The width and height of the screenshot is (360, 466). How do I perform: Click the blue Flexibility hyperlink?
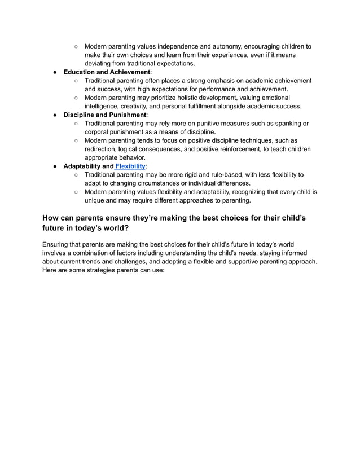point(130,166)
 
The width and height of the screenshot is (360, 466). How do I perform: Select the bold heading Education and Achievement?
point(107,72)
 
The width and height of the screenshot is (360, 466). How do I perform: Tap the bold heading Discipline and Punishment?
point(104,115)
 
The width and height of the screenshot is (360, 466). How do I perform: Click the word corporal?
point(99,132)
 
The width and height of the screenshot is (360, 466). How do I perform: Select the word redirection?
point(103,149)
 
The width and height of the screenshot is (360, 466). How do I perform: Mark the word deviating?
point(100,64)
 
